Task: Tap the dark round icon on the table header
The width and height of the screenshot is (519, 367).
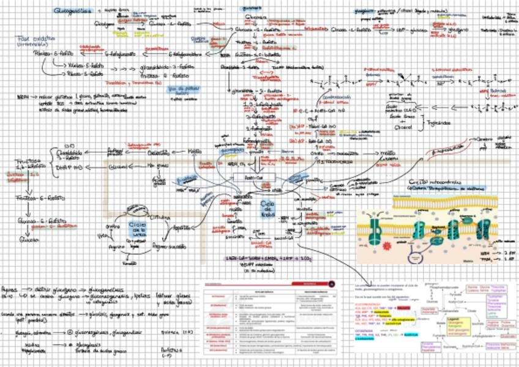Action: tap(331, 283)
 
